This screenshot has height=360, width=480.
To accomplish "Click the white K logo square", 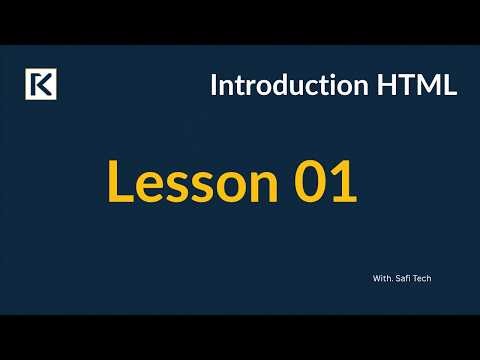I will [40, 85].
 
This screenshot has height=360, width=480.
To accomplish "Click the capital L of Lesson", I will [119, 185].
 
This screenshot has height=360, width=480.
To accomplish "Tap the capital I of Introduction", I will [214, 86].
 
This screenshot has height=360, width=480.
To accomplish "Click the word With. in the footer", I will [378, 279].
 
